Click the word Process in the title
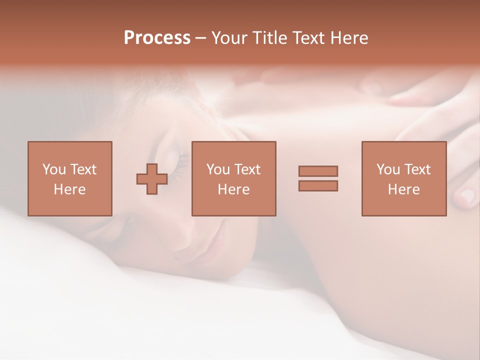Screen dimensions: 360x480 point(157,38)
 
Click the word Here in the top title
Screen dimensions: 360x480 point(350,38)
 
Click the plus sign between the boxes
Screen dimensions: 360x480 point(152,178)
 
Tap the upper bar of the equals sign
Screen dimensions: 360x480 point(318,171)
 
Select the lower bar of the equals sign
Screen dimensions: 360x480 point(318,186)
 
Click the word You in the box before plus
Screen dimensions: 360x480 point(53,169)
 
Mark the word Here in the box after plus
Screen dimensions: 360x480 point(233,189)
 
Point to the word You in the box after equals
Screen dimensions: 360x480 point(388,169)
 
